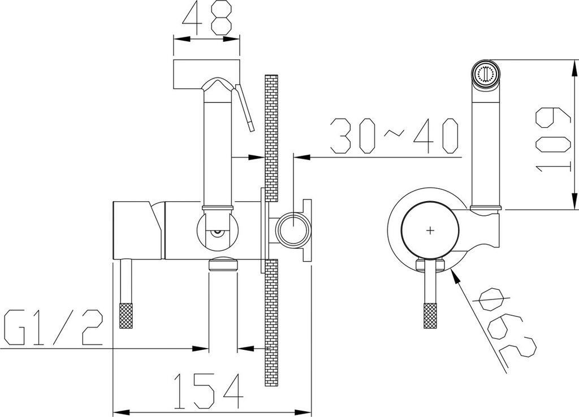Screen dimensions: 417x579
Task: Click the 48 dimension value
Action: (x=206, y=19)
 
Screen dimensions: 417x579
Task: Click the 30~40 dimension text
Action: (x=394, y=136)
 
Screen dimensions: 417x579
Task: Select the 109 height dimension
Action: (x=552, y=138)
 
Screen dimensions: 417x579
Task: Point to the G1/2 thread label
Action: (x=52, y=328)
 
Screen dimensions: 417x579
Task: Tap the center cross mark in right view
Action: (x=431, y=230)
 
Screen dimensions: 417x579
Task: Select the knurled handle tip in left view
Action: (x=126, y=316)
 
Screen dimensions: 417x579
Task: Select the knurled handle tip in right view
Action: (x=431, y=316)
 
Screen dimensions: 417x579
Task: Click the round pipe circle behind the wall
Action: (x=293, y=230)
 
